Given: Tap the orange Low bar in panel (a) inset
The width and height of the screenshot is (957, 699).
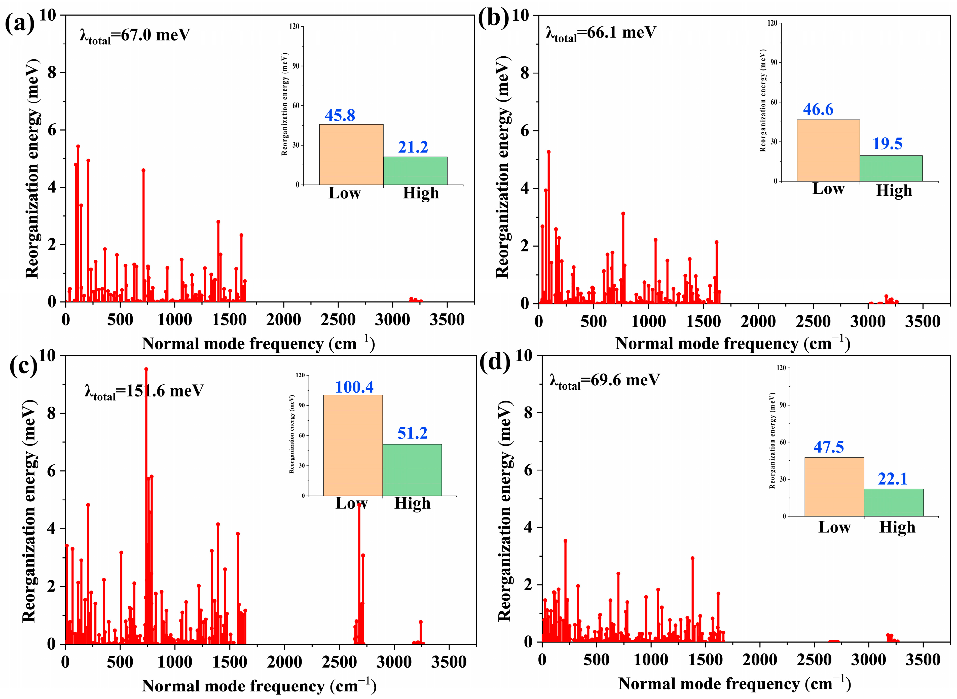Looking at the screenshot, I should (351, 155).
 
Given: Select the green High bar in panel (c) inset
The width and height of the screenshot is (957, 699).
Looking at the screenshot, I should (412, 470).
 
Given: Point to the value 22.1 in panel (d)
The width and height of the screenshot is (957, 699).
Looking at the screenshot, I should (893, 479).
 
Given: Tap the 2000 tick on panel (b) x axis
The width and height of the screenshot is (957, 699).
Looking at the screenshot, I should (758, 322).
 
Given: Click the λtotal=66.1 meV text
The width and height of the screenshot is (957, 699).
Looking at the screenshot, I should (601, 33).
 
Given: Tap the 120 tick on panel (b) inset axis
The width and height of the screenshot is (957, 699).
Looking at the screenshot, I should (772, 23).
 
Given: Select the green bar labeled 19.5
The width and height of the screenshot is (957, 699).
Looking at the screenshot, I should (891, 168).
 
